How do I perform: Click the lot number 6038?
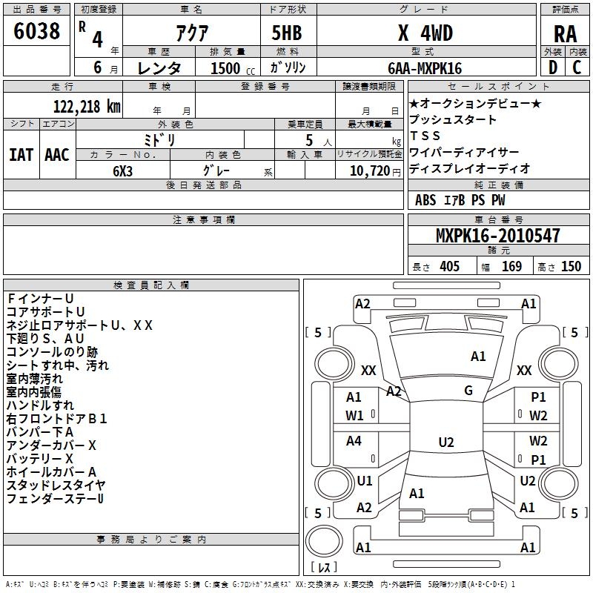[x=36, y=31]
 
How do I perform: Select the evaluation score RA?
[x=565, y=34]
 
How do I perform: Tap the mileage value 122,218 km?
[x=87, y=107]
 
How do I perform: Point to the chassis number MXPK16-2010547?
[x=498, y=235]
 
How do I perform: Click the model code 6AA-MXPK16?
[x=425, y=68]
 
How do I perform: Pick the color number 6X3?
[x=122, y=171]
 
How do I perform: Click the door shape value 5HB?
[x=287, y=33]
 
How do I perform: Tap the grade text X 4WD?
[x=425, y=33]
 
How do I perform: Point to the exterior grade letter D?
[x=553, y=67]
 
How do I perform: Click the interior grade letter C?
[x=577, y=67]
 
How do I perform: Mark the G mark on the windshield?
[x=468, y=390]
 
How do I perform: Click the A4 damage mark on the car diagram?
[x=354, y=440]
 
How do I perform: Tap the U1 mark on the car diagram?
[x=365, y=480]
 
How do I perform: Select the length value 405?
[x=449, y=266]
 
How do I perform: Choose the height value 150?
[x=571, y=266]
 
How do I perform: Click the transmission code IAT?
[x=21, y=155]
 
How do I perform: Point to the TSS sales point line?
[x=425, y=136]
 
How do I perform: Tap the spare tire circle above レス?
[x=324, y=541]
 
